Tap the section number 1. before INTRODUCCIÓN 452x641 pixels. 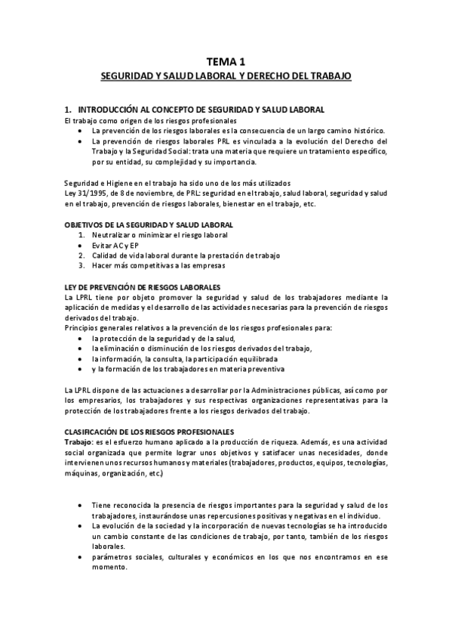69,110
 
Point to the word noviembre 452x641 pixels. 152,194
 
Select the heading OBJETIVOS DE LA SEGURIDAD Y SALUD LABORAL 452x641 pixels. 149,225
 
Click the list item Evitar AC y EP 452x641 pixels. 117,246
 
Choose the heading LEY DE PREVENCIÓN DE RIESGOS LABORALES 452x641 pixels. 142,287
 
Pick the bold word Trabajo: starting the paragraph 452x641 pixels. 78,441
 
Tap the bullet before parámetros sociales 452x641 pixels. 81,557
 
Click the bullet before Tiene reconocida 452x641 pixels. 81,504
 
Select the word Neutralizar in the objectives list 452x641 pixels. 112,235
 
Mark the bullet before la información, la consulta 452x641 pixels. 81,359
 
